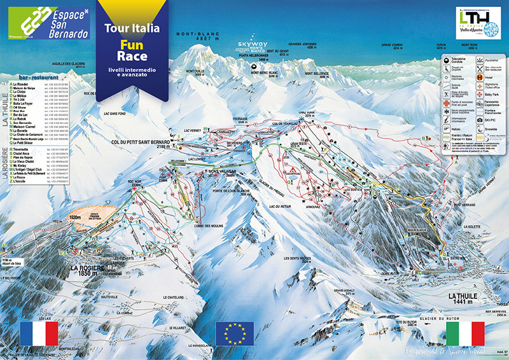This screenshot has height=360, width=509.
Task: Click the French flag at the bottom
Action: [39, 333]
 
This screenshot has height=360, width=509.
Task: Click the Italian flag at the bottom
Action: [465, 333]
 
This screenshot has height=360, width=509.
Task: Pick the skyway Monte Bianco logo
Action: [253, 46]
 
